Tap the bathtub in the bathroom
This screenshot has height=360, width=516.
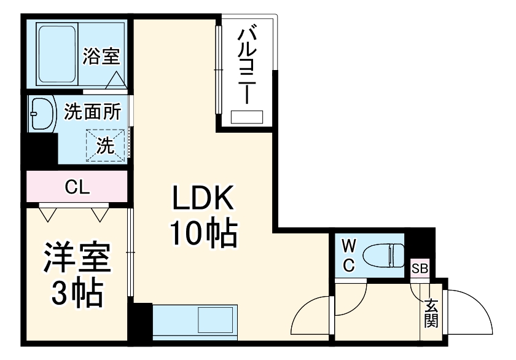click(57, 55)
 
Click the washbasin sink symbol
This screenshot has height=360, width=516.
click(41, 114)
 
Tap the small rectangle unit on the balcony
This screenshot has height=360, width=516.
click(247, 117)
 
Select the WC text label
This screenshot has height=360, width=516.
click(348, 256)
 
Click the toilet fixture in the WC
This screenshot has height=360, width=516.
click(383, 254)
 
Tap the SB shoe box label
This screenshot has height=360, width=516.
click(420, 268)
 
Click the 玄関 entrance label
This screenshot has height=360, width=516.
click(431, 313)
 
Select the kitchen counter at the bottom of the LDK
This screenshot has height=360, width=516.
click(194, 320)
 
